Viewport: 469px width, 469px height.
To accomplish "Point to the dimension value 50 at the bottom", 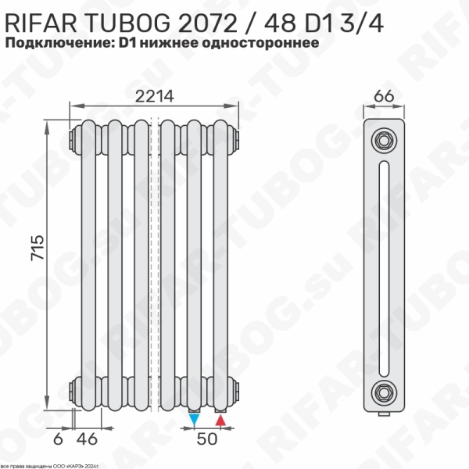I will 206,439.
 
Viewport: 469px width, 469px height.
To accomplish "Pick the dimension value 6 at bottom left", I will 57,439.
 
